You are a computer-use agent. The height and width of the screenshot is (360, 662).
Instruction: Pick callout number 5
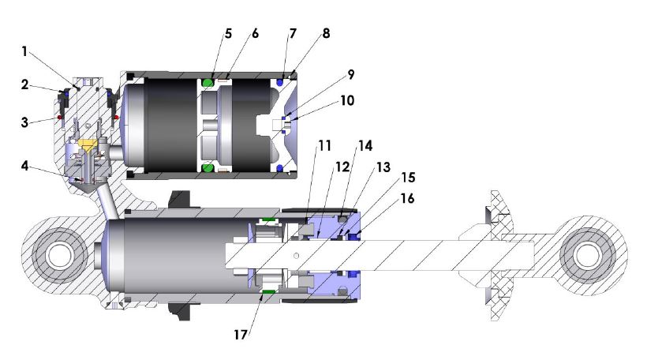[x=229, y=34]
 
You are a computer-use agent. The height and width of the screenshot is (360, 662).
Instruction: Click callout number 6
[x=254, y=34]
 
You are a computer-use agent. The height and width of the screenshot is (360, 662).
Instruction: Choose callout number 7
[x=293, y=34]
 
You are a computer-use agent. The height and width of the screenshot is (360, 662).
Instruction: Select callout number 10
[x=348, y=101]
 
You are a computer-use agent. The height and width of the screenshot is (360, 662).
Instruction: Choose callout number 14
[x=365, y=147]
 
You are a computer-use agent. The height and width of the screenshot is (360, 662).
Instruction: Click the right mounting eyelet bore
[x=586, y=255]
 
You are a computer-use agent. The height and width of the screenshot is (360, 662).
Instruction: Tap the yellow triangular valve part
[x=88, y=145]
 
